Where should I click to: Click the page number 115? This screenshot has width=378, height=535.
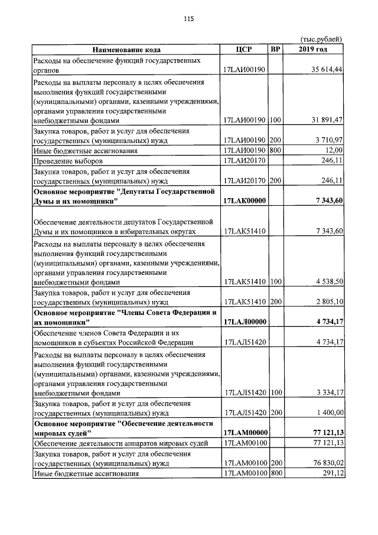point(189,19)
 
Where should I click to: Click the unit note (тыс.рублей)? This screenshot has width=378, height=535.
point(322,39)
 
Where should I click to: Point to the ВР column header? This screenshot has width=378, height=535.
point(275,50)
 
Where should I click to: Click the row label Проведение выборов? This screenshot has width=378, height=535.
point(69,161)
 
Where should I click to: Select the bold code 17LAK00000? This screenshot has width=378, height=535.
point(243,202)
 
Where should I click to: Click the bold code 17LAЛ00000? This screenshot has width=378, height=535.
point(243,322)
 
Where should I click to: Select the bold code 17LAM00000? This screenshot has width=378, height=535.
point(243,433)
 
